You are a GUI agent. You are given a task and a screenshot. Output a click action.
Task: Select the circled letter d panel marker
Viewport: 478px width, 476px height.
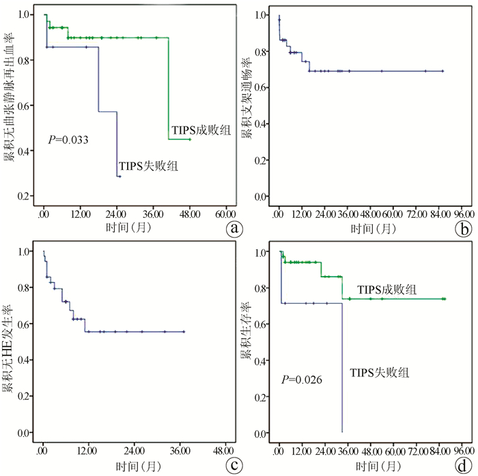(x=466, y=466)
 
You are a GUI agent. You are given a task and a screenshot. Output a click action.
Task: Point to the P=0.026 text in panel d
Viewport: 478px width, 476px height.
(x=303, y=378)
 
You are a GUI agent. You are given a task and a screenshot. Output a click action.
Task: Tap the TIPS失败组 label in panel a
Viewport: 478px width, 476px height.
(x=148, y=165)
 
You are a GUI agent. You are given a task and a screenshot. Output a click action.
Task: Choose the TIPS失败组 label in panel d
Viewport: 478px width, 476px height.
(x=380, y=373)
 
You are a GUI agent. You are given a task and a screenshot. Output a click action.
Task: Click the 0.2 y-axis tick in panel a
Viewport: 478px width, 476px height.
(x=26, y=197)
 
